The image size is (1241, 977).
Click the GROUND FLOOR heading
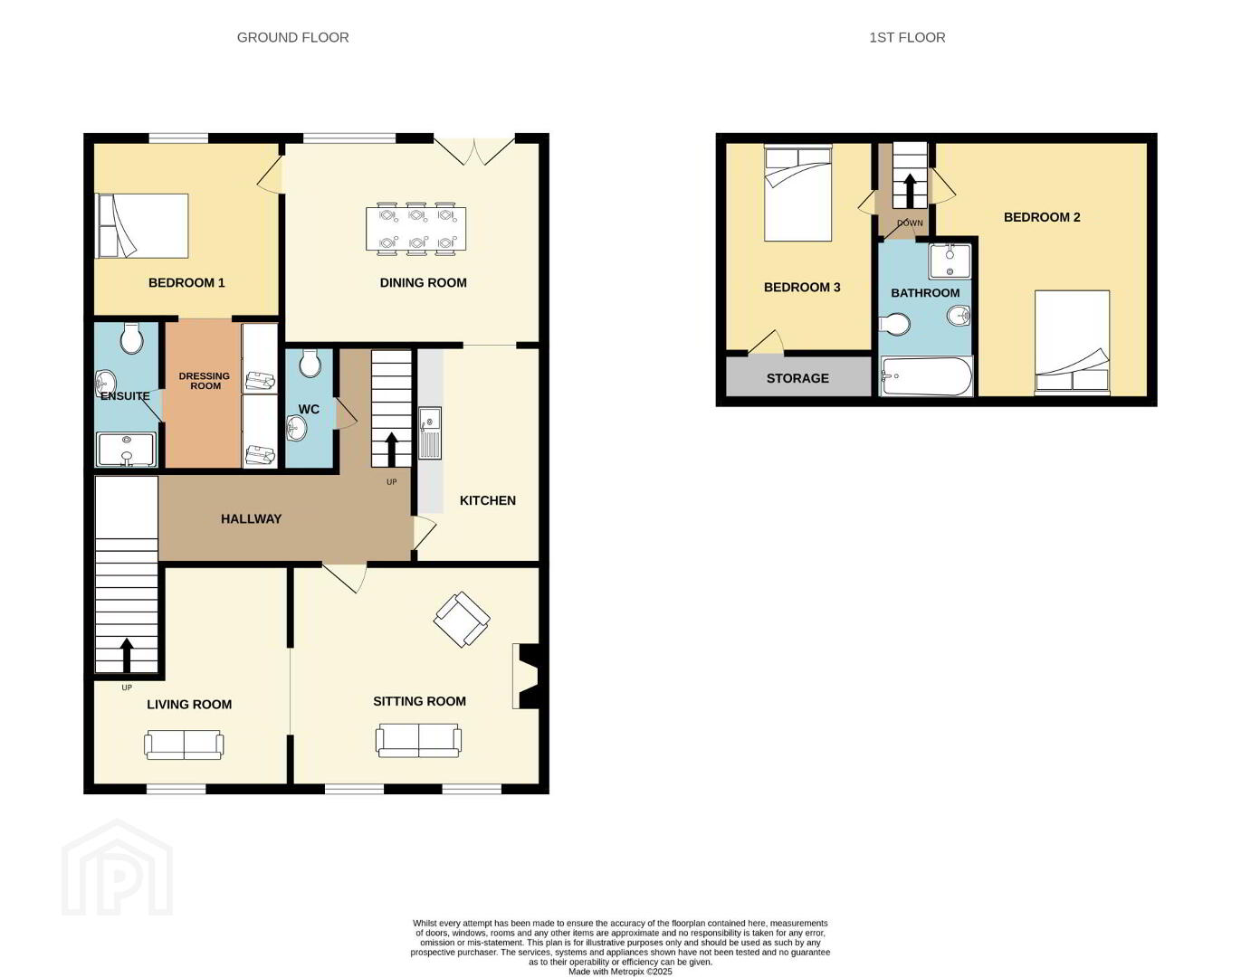[293, 37]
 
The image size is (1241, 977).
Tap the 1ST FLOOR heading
[907, 37]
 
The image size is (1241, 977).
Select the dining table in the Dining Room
[415, 229]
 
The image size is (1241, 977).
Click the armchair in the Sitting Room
[462, 620]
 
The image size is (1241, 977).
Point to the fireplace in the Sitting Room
[526, 676]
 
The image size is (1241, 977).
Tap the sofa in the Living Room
[184, 745]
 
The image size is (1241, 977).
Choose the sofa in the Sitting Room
[419, 740]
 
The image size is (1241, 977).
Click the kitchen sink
[430, 433]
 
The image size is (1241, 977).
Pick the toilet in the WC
[310, 364]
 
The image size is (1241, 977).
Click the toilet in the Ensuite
[131, 337]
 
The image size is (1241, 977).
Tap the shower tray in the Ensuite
[127, 449]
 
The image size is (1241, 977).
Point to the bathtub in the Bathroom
[926, 376]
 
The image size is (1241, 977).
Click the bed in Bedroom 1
[142, 225]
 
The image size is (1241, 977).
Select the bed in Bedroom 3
[798, 193]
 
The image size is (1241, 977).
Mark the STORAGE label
[797, 378]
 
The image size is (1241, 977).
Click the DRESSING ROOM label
[205, 381]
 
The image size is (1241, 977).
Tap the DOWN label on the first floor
[910, 223]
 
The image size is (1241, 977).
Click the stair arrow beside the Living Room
[127, 654]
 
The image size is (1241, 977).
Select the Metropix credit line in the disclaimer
[621, 972]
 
